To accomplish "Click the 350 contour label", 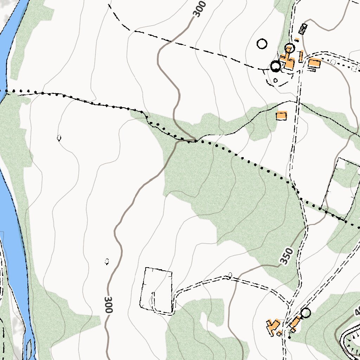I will (x=287, y=256).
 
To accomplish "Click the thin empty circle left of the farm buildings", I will (x=262, y=44).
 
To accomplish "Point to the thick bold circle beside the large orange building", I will (x=276, y=66).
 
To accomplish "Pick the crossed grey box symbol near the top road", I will (x=303, y=29).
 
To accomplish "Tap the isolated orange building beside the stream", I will (x=282, y=116).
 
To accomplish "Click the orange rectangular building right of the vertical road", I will (x=314, y=64).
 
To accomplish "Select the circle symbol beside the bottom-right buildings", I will (x=306, y=313).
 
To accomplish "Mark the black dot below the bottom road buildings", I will (x=289, y=337).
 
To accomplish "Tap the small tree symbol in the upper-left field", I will (x=59, y=138).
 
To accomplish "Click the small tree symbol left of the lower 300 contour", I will (x=107, y=261).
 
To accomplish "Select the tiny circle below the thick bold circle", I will (x=275, y=81).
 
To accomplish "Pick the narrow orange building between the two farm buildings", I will (x=301, y=56).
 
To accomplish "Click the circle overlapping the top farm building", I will (x=289, y=48).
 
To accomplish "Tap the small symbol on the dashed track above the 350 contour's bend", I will (x=230, y=275).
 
